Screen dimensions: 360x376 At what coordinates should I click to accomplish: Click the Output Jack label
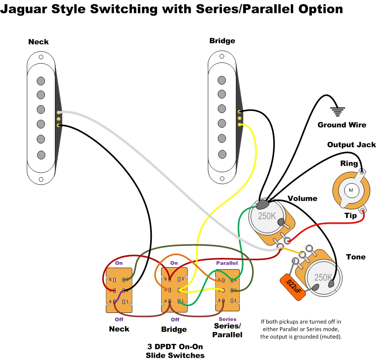point(351,145)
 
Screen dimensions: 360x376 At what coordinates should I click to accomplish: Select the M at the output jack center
point(351,190)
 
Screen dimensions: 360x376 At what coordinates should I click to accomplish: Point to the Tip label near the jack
point(351,215)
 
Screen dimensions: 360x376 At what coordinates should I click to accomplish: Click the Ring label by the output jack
point(349,164)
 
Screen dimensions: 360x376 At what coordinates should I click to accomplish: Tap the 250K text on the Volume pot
point(267,216)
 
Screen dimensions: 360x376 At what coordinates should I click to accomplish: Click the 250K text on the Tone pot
point(323,277)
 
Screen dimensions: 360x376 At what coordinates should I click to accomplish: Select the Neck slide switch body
point(119,290)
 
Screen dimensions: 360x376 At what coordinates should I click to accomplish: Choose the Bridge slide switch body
point(174,290)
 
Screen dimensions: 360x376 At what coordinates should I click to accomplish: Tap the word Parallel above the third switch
point(227,263)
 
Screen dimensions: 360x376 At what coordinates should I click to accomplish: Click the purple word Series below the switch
point(227,319)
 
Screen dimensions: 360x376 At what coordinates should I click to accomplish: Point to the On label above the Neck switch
point(119,263)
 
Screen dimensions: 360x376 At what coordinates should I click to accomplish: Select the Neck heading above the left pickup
point(39,42)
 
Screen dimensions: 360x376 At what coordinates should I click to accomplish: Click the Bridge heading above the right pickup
point(222,41)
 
